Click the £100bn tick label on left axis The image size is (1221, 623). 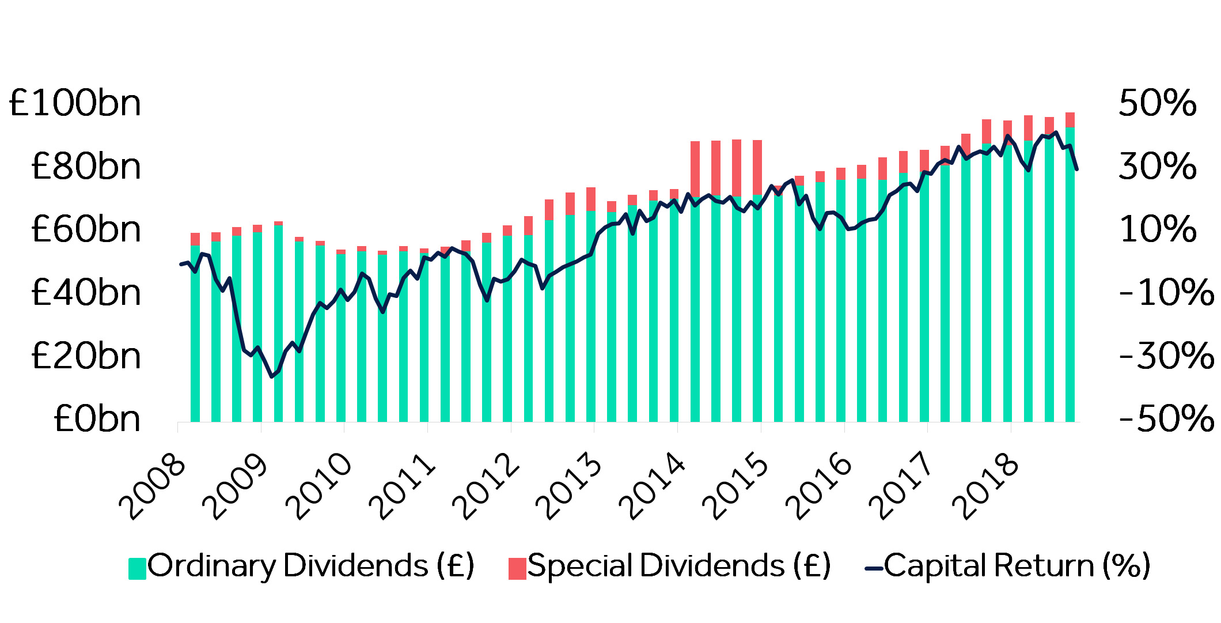click(75, 104)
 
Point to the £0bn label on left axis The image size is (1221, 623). click(97, 419)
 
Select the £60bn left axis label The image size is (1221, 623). click(85, 229)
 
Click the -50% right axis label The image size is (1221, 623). click(1167, 419)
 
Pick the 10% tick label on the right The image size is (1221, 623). click(1158, 229)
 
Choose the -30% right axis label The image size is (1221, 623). click(1167, 356)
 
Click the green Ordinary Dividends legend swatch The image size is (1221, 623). click(137, 568)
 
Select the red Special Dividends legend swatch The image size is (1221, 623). click(517, 568)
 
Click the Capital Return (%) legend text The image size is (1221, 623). click(1017, 565)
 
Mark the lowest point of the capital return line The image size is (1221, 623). click(272, 376)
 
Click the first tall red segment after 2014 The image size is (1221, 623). click(695, 168)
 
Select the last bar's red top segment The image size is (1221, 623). click(1070, 120)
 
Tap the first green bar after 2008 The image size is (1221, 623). click(195, 334)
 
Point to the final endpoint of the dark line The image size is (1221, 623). click(1076, 169)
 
